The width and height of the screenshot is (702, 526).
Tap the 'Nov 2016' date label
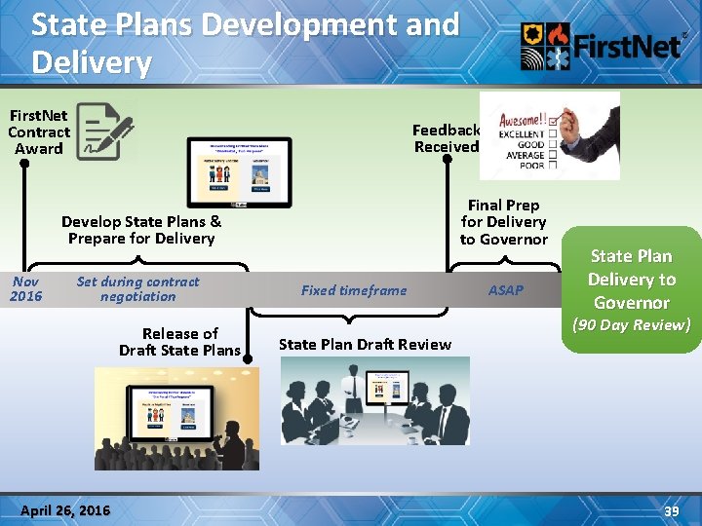click(26, 288)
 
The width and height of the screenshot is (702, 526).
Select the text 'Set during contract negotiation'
click(137, 288)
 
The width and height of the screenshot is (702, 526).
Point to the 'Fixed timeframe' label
click(354, 290)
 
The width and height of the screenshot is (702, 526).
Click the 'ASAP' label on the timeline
click(506, 290)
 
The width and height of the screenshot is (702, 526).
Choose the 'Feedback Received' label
click(447, 138)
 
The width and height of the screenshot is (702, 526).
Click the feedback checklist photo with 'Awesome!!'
click(549, 135)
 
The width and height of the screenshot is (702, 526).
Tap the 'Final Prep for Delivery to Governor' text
click(504, 222)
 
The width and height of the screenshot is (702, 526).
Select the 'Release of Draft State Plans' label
click(180, 342)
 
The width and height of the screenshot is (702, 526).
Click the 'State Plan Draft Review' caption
click(365, 344)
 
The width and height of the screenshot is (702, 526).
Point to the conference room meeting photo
click(375, 401)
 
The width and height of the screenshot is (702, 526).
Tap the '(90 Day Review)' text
click(631, 324)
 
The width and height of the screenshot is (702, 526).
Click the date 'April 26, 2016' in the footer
click(66, 511)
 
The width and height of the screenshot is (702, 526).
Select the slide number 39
click(671, 511)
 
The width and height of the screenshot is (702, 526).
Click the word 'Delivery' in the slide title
click(92, 63)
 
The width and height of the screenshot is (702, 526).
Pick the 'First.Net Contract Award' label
click(39, 132)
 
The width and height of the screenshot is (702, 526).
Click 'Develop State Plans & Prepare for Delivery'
click(141, 230)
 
